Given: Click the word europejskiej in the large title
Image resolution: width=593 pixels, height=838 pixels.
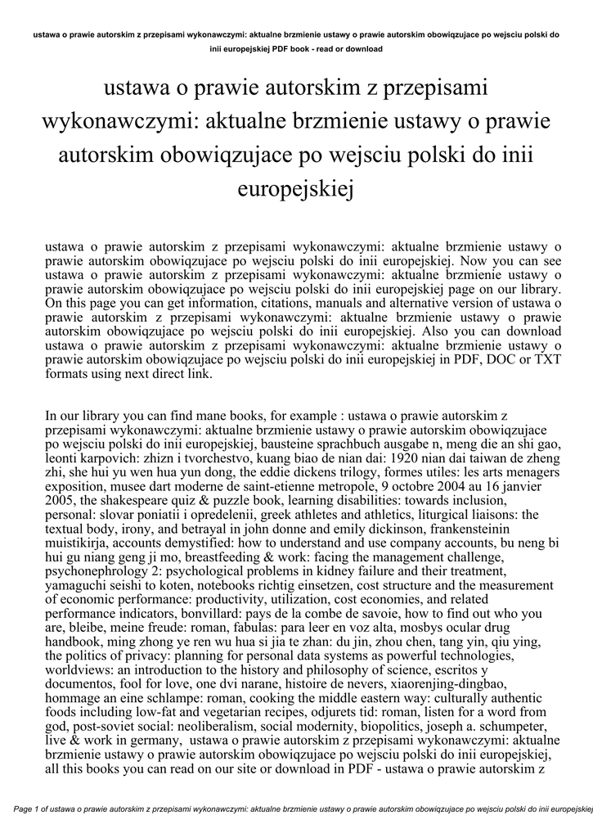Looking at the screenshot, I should click(296, 189).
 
